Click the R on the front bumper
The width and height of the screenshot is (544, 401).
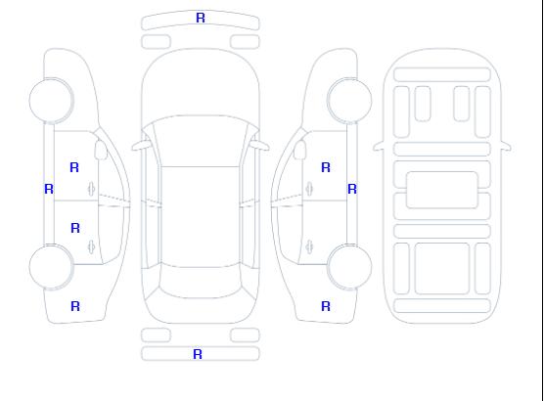click(201, 18)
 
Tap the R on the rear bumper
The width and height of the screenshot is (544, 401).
click(198, 354)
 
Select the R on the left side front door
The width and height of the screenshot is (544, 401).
click(74, 167)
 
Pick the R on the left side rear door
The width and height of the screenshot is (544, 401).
click(75, 228)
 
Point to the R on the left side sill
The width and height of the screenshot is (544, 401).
click(49, 189)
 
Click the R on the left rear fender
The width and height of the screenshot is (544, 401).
click(75, 306)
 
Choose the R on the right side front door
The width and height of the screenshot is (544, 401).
click(326, 167)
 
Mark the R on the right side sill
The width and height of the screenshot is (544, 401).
click(352, 189)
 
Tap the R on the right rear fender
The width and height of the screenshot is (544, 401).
click(326, 306)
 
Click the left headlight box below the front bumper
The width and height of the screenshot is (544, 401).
click(156, 42)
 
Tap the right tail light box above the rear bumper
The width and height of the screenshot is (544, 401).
click(245, 335)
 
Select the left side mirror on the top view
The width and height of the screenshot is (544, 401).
click(140, 146)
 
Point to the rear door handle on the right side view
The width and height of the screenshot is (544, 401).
click(309, 246)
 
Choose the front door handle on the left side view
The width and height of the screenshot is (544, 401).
click(91, 189)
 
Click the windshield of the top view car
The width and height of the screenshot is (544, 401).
click(201, 141)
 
